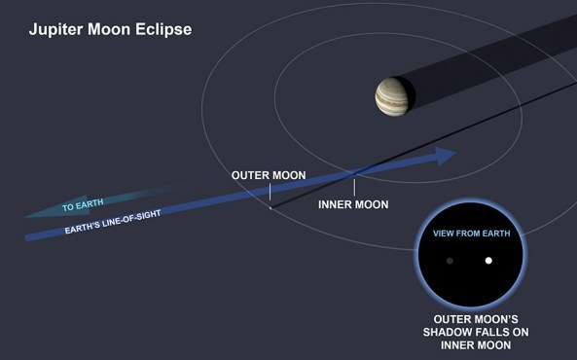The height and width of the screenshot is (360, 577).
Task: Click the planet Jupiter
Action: coord(393,96)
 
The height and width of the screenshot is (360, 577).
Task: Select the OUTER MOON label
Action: coord(269,176)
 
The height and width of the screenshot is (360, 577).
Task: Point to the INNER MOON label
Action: coord(353,205)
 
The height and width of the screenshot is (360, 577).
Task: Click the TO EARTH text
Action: coord(83,207)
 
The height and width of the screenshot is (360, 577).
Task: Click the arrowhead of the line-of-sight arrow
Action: coord(446,155)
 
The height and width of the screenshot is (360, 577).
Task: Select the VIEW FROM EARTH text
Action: coord(472,234)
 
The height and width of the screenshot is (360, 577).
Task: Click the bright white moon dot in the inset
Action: coord(488,261)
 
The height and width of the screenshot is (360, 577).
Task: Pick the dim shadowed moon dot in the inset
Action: coord(450,261)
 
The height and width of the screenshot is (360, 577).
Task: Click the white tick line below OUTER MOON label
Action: coord(270,197)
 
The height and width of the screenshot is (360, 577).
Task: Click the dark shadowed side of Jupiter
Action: coord(409,95)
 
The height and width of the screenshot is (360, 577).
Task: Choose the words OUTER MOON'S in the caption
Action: coord(471,318)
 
